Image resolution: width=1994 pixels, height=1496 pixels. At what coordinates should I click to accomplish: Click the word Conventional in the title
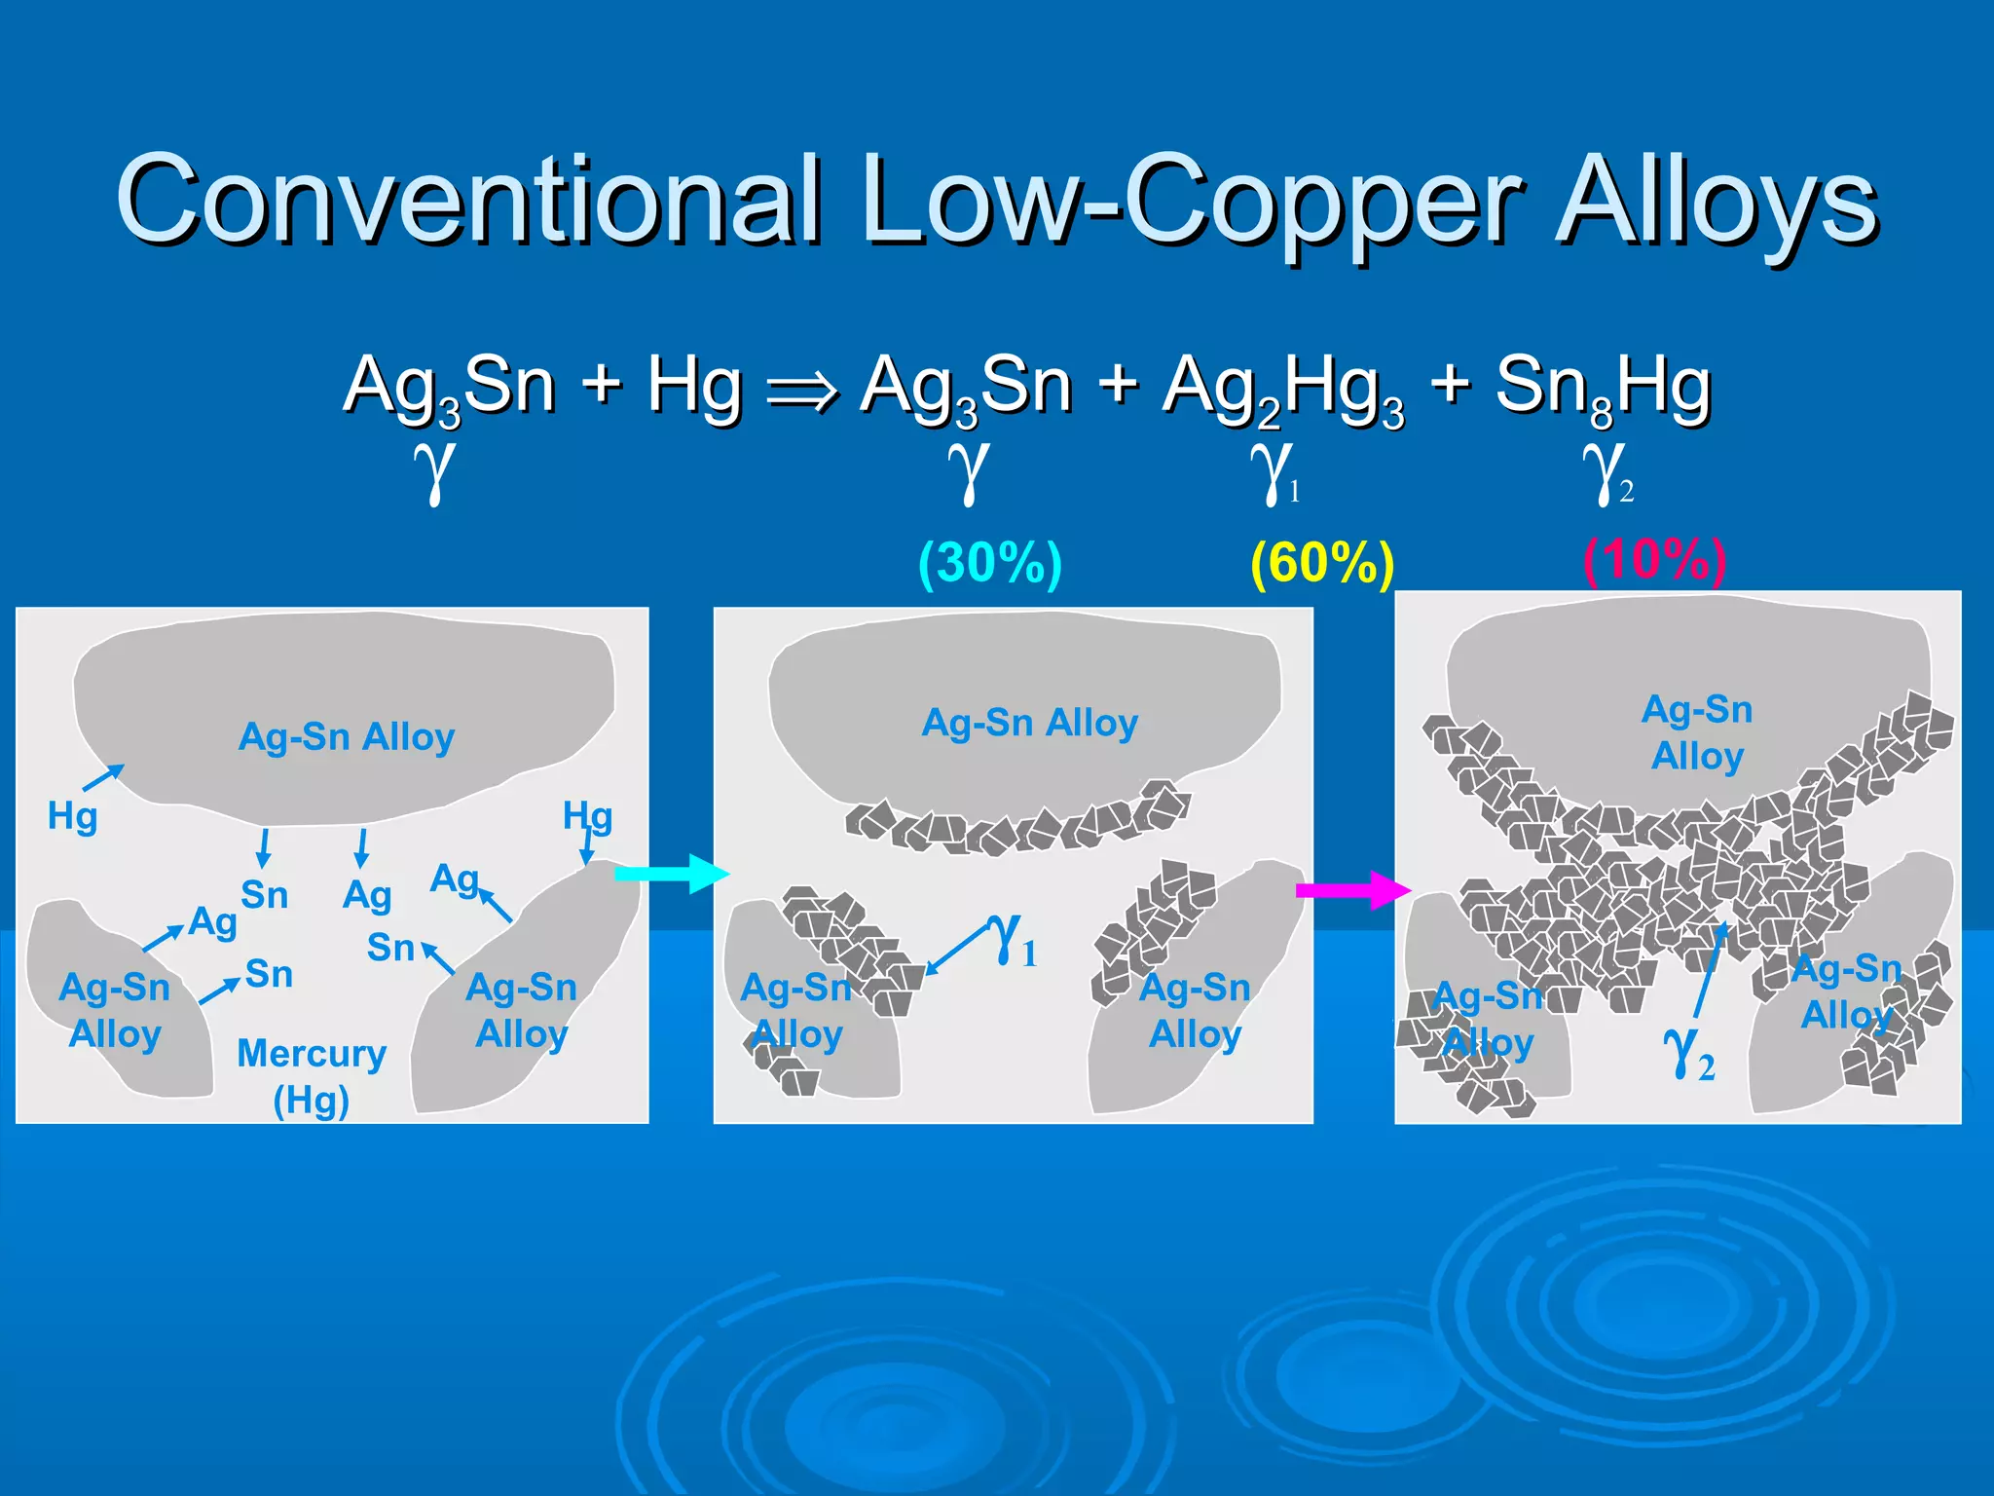tap(467, 200)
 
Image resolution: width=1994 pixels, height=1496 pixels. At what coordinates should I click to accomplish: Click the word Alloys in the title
tap(1717, 200)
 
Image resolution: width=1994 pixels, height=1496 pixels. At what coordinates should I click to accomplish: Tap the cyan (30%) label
tap(990, 563)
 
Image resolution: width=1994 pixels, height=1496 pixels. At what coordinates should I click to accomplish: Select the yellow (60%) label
tap(1322, 563)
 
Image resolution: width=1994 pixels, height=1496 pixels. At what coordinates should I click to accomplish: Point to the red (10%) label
tap(1654, 560)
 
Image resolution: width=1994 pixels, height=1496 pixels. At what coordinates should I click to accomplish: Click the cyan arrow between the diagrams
tap(672, 874)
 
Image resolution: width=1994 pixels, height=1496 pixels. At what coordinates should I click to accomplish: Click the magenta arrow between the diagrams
tap(1353, 889)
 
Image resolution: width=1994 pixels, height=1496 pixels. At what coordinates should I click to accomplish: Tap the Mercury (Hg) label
tap(312, 1076)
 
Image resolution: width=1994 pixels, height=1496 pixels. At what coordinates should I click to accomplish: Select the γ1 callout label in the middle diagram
tap(1013, 940)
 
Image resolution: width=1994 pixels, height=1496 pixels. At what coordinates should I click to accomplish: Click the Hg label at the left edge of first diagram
tap(73, 816)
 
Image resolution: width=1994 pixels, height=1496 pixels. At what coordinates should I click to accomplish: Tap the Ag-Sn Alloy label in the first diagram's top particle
tap(347, 737)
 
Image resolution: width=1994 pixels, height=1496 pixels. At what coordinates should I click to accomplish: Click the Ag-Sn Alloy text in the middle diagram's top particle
tap(1030, 723)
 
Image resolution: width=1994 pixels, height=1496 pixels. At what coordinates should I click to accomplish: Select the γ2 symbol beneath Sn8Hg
tap(1606, 472)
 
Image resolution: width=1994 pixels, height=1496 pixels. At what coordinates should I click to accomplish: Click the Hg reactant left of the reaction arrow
tap(694, 385)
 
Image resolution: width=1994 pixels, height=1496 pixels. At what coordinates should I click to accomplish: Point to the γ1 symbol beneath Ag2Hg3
tap(1274, 472)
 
